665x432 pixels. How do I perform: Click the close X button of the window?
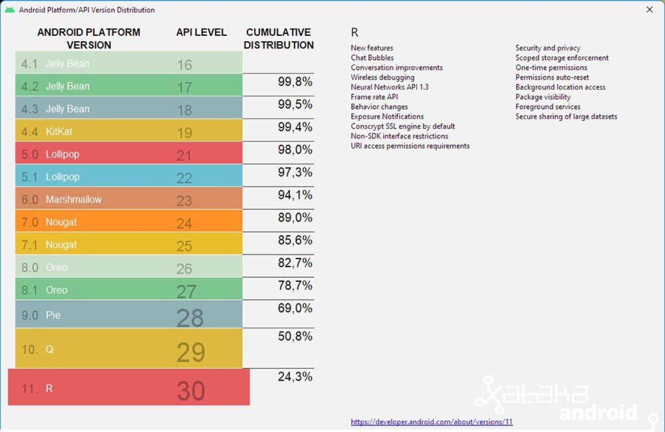[649, 9]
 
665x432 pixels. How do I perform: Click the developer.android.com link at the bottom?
[432, 421]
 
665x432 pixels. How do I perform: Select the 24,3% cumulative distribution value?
[295, 377]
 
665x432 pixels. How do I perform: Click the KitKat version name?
[59, 131]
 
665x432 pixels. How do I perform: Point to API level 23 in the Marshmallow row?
[184, 201]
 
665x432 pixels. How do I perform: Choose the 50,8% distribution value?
[295, 336]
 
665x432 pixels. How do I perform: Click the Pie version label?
[53, 315]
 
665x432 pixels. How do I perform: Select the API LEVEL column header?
[201, 32]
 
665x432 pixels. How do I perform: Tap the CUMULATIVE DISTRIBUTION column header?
[278, 39]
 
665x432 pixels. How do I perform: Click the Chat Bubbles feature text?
[372, 58]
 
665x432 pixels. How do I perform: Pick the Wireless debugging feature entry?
[382, 77]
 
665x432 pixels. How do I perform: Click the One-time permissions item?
[551, 67]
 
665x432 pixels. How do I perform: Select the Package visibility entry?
[543, 97]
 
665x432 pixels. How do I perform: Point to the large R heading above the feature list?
[354, 32]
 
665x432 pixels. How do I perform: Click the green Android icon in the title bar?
[10, 10]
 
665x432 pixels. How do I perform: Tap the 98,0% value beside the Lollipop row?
[295, 150]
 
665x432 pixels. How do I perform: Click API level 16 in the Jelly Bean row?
[184, 65]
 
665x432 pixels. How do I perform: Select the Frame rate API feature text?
[374, 97]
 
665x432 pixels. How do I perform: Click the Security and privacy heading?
[548, 48]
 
